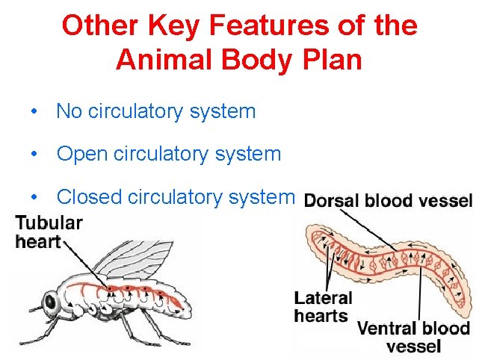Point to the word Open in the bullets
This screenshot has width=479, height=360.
(81, 155)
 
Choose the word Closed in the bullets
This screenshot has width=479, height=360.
(90, 197)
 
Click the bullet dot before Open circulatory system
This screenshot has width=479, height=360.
(34, 155)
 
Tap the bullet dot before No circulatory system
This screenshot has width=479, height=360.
(34, 112)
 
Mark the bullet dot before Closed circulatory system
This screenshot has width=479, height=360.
(34, 197)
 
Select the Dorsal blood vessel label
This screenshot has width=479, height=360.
(389, 200)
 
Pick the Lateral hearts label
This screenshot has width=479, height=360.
(322, 307)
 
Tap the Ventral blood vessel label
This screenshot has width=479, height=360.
(413, 336)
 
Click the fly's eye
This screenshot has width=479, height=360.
(50, 302)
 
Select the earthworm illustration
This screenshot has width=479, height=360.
(389, 261)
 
